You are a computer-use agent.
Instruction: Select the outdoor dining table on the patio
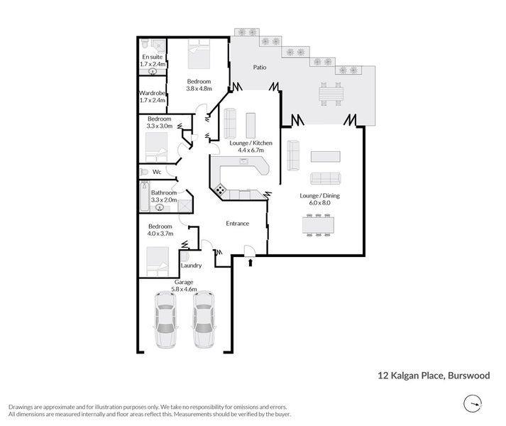[x=330, y=94]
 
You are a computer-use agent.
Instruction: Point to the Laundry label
[x=191, y=266]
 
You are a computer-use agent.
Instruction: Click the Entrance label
[x=237, y=224]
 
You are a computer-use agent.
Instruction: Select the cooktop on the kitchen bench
[x=220, y=190]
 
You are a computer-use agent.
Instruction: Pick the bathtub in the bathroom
[x=144, y=200]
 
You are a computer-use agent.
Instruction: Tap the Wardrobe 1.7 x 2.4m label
[x=153, y=97]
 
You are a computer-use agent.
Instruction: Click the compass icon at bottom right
[x=471, y=405]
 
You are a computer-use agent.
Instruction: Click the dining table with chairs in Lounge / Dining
[x=317, y=224]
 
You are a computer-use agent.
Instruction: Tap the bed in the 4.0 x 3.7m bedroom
[x=157, y=261]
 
